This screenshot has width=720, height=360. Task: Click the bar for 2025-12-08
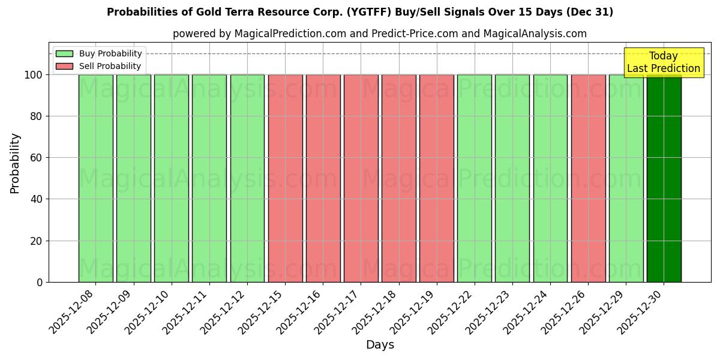pos(95,178)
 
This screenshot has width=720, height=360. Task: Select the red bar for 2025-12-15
pos(285,178)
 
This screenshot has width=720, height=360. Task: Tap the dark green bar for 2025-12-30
pos(664,178)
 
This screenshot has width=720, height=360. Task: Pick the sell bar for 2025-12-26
pos(588,178)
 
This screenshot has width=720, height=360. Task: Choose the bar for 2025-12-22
pos(475,178)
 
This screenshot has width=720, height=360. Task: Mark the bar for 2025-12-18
pos(398,178)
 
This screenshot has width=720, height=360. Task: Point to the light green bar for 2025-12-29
pos(626,178)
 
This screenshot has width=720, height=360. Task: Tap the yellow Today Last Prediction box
pos(663,62)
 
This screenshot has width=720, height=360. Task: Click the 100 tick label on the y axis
pos(34,75)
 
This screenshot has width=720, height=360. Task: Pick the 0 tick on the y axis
pos(40,283)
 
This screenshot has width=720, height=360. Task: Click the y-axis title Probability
pos(15,163)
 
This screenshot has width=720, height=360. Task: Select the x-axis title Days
pos(380,345)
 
